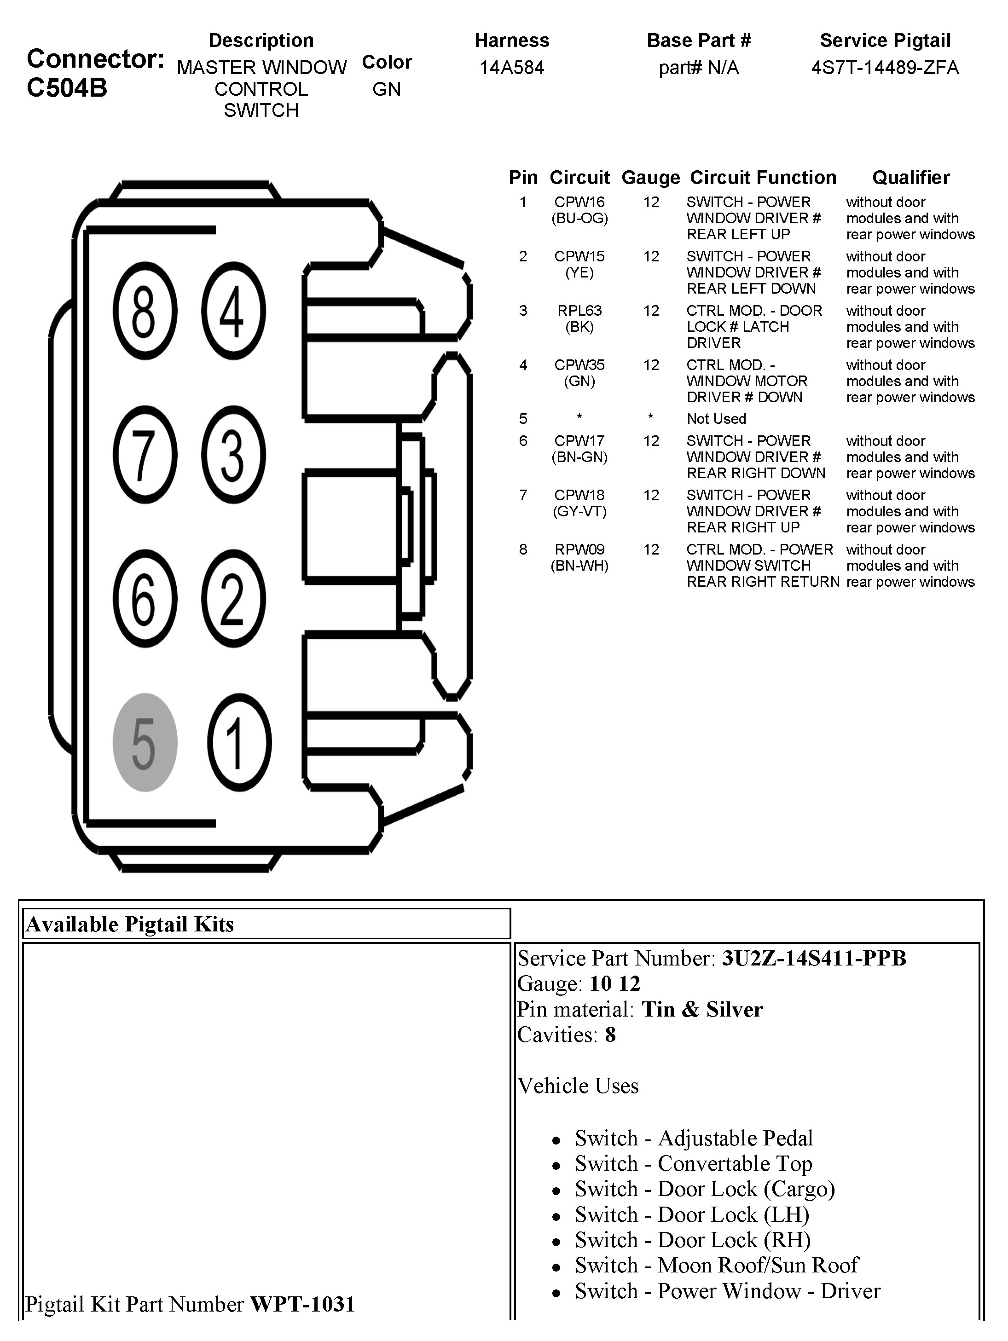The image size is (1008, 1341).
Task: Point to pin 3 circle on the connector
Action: tap(233, 455)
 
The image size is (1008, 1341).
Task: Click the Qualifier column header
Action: tap(911, 178)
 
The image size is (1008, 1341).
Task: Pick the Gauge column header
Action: tap(650, 178)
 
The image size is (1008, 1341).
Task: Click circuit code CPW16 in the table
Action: tap(579, 202)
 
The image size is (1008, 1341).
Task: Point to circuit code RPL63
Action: tap(579, 311)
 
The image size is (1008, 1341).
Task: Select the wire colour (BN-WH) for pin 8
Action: tap(579, 566)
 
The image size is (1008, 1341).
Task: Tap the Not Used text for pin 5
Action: tap(716, 419)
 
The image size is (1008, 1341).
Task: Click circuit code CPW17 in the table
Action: tap(579, 441)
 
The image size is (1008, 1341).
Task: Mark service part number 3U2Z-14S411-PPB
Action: tap(813, 959)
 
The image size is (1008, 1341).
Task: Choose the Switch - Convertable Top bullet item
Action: tap(693, 1163)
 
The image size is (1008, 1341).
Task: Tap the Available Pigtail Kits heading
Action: tap(130, 924)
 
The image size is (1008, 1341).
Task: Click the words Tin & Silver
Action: tap(702, 1009)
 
